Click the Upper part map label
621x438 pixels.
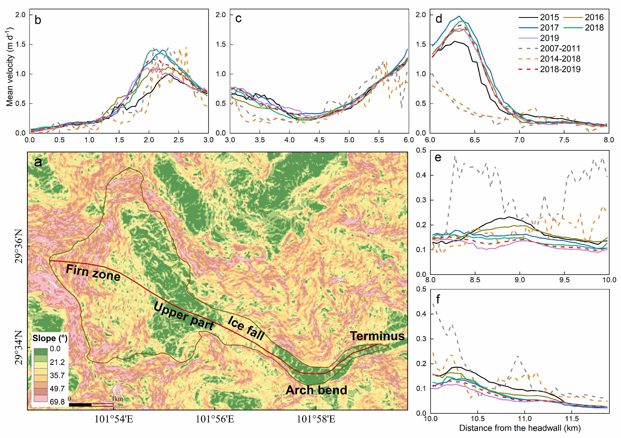tap(184, 316)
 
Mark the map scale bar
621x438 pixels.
tap(91, 405)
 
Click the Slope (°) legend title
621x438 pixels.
tap(50, 338)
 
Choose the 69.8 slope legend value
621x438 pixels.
tap(57, 402)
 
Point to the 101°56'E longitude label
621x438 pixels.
tap(215, 419)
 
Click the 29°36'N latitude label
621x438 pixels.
tap(19, 246)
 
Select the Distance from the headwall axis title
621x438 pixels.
tap(520, 428)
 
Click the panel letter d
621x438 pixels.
tap(439, 19)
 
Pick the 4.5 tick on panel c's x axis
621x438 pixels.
tap(319, 140)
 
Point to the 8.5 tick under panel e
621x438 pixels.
tap(475, 280)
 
